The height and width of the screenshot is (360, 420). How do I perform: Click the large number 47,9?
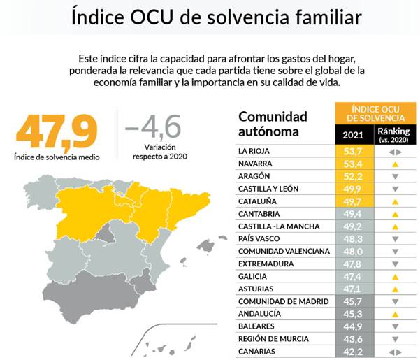pos(56,131)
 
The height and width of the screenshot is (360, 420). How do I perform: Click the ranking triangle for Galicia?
pos(396,277)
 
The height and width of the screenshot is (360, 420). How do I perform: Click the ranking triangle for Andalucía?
pos(396,314)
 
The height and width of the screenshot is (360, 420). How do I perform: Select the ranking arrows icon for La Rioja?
pos(396,152)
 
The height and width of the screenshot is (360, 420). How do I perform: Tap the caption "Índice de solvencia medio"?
pos(57,157)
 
